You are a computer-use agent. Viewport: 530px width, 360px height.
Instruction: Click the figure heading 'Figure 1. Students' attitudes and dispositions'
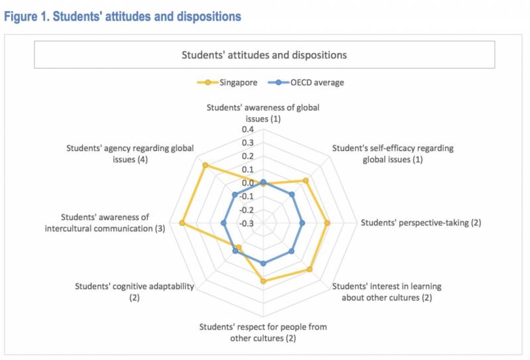123,17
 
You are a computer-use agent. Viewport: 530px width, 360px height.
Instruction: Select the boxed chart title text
264,54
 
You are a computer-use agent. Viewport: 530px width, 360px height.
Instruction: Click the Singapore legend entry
226,83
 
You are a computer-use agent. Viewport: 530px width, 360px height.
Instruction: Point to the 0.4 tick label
247,129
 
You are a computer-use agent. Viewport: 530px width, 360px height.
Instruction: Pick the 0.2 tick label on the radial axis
247,156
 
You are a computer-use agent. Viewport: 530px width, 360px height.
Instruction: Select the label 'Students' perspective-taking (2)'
421,223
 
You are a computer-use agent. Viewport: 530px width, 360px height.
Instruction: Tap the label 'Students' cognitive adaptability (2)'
134,292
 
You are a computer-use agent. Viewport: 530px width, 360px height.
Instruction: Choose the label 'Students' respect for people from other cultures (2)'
263,332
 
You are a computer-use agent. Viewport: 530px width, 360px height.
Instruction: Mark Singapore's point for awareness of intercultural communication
181,223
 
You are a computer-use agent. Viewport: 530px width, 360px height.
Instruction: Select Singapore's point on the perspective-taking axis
327,223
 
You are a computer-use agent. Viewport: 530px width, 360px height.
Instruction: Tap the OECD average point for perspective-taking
302,223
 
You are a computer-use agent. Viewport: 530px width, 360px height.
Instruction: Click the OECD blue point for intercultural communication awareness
223,223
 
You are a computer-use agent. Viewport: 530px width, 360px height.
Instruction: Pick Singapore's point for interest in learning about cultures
309,269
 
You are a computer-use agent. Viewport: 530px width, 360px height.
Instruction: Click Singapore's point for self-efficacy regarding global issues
305,181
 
